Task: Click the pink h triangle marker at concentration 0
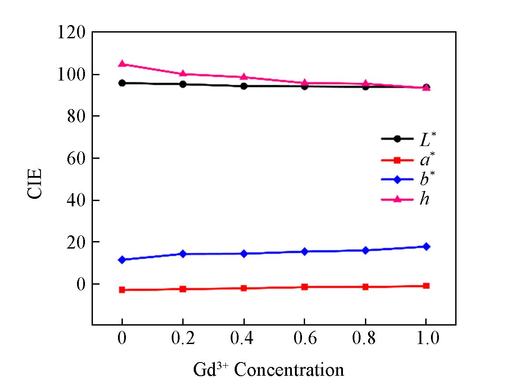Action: pyautogui.click(x=122, y=64)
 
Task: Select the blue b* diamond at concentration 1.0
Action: pyautogui.click(x=426, y=246)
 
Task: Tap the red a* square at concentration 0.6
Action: pyautogui.click(x=304, y=287)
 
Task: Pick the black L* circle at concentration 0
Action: pyautogui.click(x=122, y=83)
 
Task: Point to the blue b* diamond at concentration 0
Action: pyautogui.click(x=122, y=260)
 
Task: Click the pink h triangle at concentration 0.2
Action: pyautogui.click(x=183, y=73)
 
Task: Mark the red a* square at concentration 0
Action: pyautogui.click(x=122, y=290)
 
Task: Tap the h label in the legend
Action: pyautogui.click(x=424, y=199)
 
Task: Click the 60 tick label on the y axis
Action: pyautogui.click(x=76, y=158)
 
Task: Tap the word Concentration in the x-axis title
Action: pyautogui.click(x=289, y=370)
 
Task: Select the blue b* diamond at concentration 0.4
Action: pyautogui.click(x=243, y=253)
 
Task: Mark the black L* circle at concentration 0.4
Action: pyautogui.click(x=243, y=86)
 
